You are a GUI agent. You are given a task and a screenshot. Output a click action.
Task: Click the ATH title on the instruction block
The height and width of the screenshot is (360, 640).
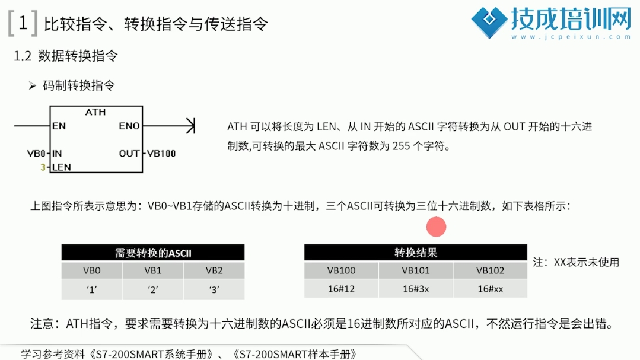(95, 112)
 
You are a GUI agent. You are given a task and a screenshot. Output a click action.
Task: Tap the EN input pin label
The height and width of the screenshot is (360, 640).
(59, 126)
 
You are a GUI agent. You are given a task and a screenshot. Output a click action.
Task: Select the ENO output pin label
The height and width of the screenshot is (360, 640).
(129, 126)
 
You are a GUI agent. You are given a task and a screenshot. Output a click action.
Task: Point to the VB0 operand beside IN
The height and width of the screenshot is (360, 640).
(36, 154)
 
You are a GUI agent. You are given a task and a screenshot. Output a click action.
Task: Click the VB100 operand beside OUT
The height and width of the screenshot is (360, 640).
(161, 154)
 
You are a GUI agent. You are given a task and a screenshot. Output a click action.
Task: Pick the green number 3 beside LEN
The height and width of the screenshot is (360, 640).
(43, 167)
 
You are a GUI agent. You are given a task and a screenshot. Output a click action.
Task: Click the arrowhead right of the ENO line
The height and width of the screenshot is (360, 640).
(190, 126)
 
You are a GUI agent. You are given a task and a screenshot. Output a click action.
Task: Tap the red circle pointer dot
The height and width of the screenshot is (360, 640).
(436, 227)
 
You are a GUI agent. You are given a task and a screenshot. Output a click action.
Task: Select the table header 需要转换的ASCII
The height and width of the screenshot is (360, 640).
(153, 253)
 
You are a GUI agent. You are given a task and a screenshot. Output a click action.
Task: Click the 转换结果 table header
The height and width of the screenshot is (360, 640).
(416, 253)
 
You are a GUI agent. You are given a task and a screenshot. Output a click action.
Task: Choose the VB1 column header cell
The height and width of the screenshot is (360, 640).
(153, 270)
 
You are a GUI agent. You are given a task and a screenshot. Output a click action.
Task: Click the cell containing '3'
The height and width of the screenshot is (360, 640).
(214, 289)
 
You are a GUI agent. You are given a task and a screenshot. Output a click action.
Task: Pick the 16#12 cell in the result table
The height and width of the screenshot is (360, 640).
(341, 289)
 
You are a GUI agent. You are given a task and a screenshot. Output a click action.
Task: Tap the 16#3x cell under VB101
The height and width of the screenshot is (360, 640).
(416, 289)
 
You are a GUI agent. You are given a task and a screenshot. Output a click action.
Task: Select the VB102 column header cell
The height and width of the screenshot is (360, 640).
(490, 270)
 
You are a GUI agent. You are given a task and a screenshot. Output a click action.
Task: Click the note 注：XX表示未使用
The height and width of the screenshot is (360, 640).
(576, 262)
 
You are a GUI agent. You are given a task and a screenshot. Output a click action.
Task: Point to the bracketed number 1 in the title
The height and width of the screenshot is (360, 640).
(23, 23)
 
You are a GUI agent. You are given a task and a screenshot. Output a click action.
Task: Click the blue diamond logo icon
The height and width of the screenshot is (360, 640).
(489, 22)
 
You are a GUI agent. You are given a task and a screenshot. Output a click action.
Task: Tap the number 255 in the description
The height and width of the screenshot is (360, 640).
(401, 146)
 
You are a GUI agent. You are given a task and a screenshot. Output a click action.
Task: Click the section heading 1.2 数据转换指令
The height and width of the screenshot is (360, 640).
(66, 56)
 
